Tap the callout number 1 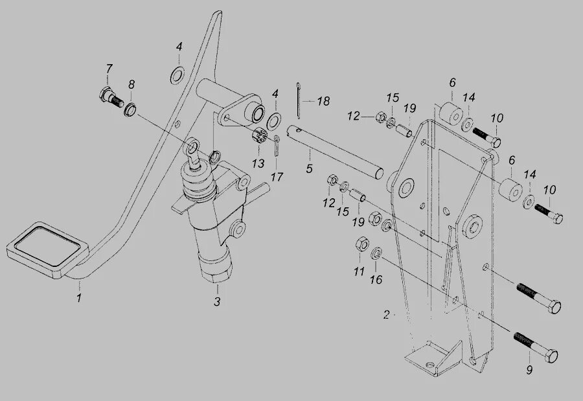pos(78,299)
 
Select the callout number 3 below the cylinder pos(217,301)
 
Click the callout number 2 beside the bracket pos(386,315)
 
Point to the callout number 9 pos(529,371)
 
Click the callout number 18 pos(323,101)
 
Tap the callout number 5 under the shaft pos(309,168)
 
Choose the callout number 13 pos(258,163)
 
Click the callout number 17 pos(277,176)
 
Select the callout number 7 pos(109,69)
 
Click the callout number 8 pos(131,84)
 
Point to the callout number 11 pos(359,272)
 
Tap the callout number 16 pos(376,279)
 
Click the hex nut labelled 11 pos(362,245)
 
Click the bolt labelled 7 pos(111,98)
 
